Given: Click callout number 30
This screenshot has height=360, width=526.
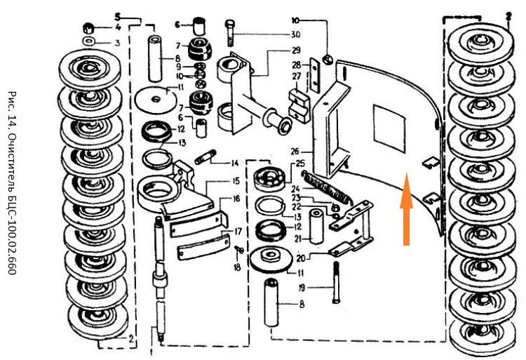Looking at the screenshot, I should point(296,34).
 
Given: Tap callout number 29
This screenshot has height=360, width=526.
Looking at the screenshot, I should point(296,50).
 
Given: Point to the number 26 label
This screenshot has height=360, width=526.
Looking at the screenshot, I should point(295,150).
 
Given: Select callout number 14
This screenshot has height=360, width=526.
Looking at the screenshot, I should point(236,163).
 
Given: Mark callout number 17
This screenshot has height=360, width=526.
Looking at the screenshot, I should point(238,231).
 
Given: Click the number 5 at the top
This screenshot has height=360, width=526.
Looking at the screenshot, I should point(118,15).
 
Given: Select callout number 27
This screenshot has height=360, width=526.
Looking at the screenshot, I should point(296,76).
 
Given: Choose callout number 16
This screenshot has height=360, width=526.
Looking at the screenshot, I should point(236,199).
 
